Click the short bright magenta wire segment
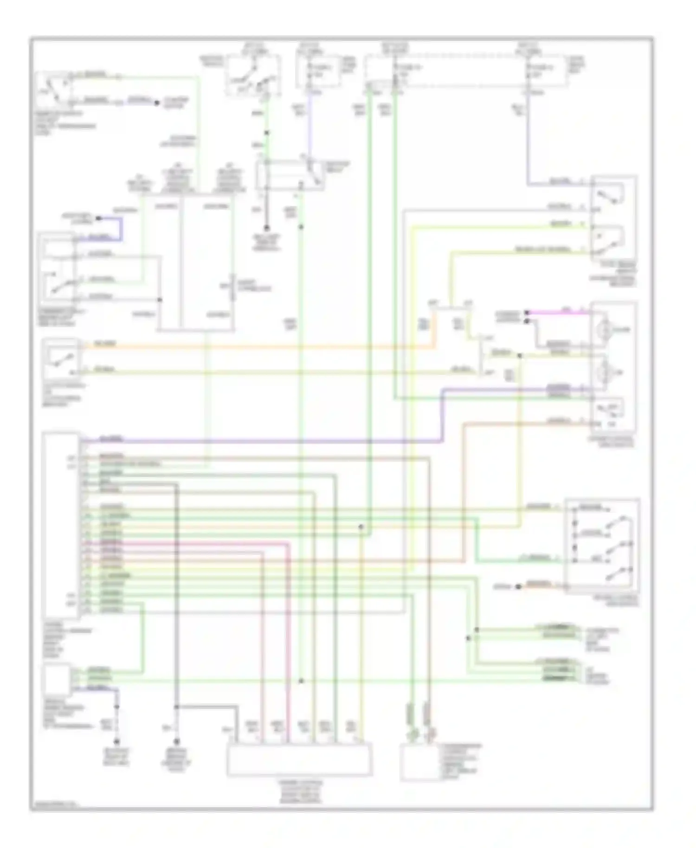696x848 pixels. coord(557,312)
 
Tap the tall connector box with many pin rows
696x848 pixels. coord(61,524)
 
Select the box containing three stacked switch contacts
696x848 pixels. coord(602,546)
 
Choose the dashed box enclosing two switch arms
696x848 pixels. coord(253,75)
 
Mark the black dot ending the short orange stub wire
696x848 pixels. coord(519,586)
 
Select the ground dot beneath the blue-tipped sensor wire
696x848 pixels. coord(117,741)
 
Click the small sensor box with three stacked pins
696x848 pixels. coord(56,678)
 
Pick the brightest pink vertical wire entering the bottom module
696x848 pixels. coord(288,649)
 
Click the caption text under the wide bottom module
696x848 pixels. coord(299,791)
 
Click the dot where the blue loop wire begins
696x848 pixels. coord(98,218)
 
